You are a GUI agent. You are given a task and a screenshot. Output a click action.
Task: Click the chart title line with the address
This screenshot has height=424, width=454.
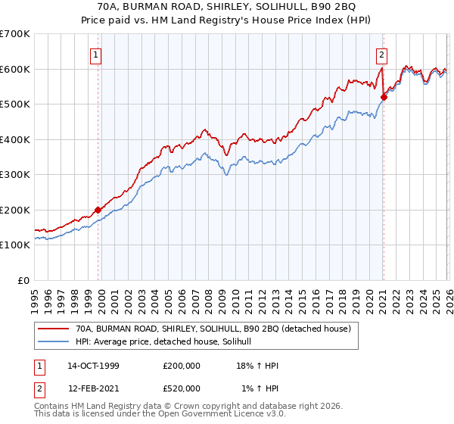pos(227,7)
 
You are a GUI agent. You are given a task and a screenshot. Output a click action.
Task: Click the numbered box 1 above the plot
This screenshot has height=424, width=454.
pos(97,54)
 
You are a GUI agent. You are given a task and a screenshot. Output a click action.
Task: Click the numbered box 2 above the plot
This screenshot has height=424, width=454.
pos(382,54)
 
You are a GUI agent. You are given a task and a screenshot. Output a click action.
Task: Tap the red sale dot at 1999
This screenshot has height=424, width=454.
pos(98,210)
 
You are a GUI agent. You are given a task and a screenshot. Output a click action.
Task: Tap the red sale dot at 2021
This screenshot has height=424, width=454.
pos(384,97)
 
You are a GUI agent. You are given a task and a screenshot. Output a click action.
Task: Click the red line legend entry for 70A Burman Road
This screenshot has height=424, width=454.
pos(213,329)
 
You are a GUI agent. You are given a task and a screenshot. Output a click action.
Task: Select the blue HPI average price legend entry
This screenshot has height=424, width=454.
pos(167,342)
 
